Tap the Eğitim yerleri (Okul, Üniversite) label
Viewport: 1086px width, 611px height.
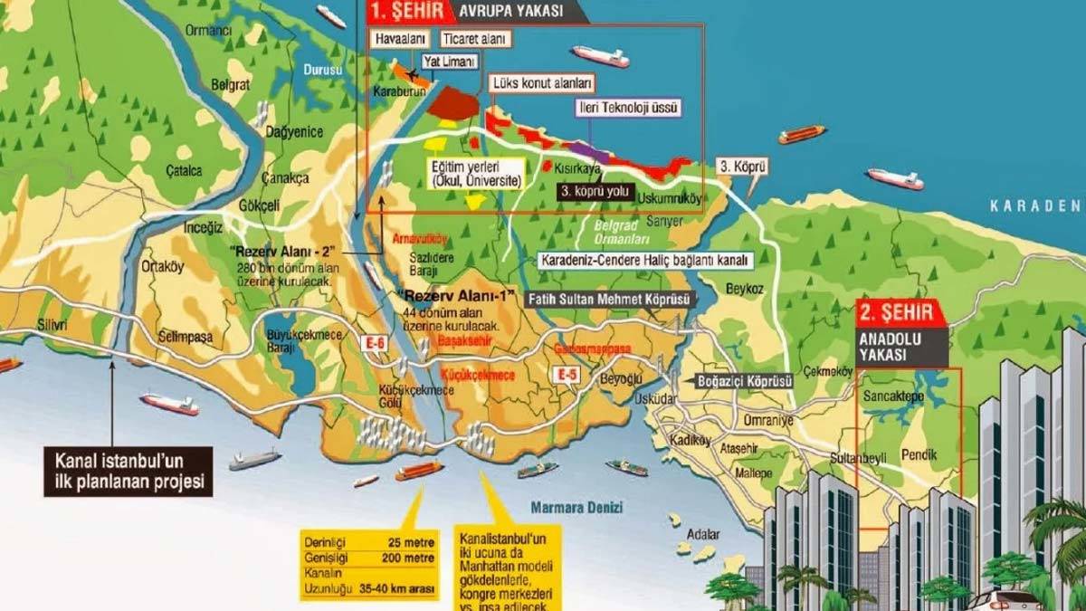coord(476,173)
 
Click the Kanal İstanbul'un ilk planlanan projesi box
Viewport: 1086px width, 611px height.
coord(127,470)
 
